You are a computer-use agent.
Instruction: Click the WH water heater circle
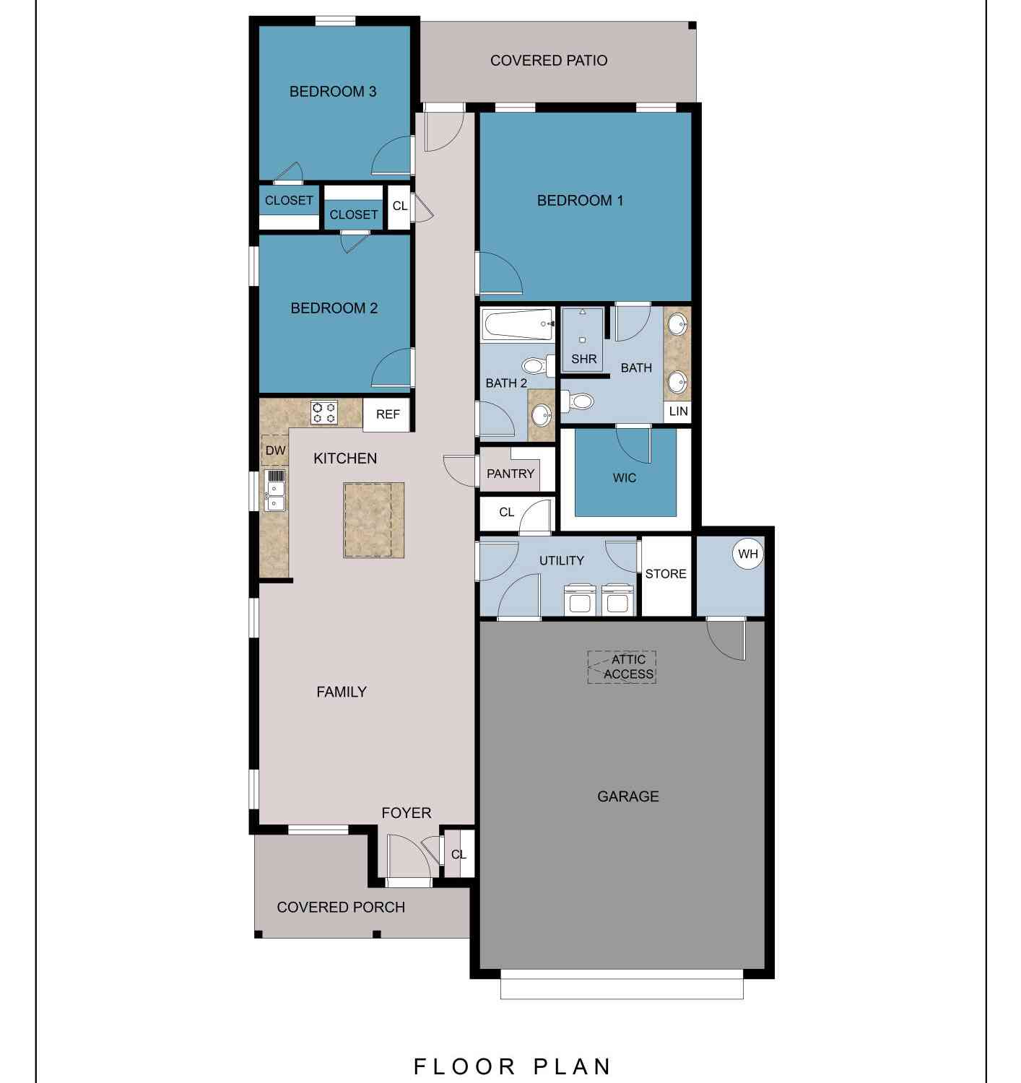pyautogui.click(x=747, y=554)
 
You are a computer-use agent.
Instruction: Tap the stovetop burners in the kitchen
pyautogui.click(x=323, y=412)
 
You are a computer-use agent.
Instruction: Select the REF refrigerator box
pyautogui.click(x=386, y=414)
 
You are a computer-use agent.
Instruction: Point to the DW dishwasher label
pyautogui.click(x=275, y=451)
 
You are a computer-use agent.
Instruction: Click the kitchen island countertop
pyautogui.click(x=373, y=520)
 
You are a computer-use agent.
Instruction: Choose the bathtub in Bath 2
pyautogui.click(x=518, y=324)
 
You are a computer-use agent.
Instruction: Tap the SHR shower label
pyautogui.click(x=583, y=359)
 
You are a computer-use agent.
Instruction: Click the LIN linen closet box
pyautogui.click(x=678, y=411)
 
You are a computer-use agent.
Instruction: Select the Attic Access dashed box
pyautogui.click(x=622, y=666)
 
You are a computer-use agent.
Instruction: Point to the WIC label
pyautogui.click(x=625, y=478)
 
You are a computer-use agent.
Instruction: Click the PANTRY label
pyautogui.click(x=510, y=474)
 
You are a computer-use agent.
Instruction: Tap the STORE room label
pyautogui.click(x=666, y=574)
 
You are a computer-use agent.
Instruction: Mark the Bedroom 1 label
pyautogui.click(x=580, y=200)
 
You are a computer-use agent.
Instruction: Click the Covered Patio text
pyautogui.click(x=549, y=60)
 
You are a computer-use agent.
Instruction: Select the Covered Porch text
pyautogui.click(x=341, y=907)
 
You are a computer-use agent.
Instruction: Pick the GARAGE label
pyautogui.click(x=627, y=796)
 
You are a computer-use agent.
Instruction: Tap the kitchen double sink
pyautogui.click(x=275, y=490)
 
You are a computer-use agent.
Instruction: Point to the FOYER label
pyautogui.click(x=407, y=812)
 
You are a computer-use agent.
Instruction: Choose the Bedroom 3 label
pyautogui.click(x=333, y=91)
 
